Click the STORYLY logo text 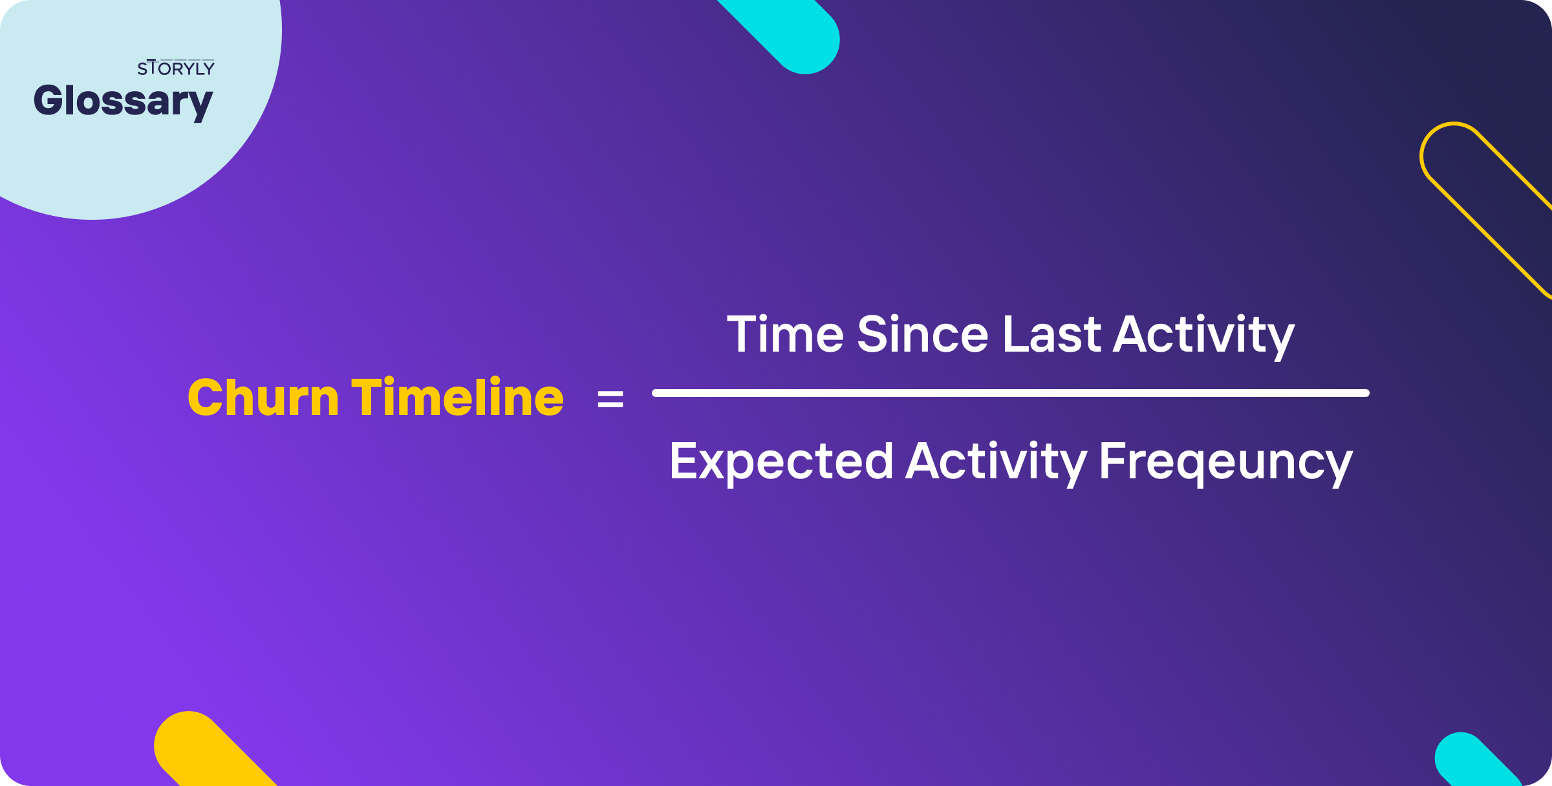(x=175, y=68)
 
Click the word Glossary (x=123, y=101)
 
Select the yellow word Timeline (x=457, y=397)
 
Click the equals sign (x=610, y=399)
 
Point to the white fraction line (x=1010, y=393)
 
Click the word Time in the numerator (x=785, y=334)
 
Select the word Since (x=922, y=334)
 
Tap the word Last (x=1051, y=334)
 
